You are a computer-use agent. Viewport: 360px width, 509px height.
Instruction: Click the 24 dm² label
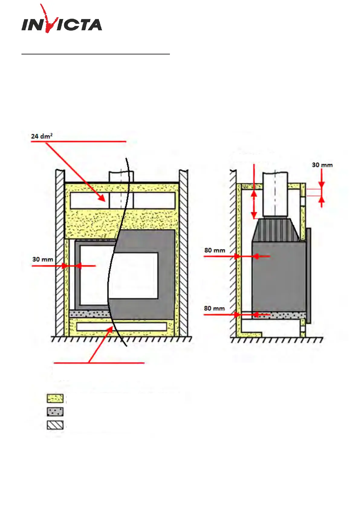[x=42, y=136]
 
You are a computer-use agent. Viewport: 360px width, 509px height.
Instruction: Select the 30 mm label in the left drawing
[x=43, y=259]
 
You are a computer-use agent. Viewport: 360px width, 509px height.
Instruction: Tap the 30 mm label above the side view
[x=322, y=165]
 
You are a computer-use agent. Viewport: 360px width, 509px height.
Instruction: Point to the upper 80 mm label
[x=215, y=250]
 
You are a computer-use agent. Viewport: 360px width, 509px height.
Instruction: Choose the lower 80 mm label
[x=214, y=308]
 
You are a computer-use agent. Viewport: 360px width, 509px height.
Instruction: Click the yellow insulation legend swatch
[x=55, y=398]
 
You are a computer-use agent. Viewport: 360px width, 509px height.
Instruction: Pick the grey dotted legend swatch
[x=55, y=412]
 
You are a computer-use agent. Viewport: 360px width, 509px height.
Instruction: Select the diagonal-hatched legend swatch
[x=55, y=425]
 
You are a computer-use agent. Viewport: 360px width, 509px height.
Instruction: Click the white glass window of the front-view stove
[x=133, y=275]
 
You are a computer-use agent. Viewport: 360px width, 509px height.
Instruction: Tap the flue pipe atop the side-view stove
[x=275, y=193]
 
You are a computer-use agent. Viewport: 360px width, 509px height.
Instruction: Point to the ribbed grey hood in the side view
[x=275, y=230]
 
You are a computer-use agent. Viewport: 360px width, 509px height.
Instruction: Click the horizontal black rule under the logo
[x=96, y=54]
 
